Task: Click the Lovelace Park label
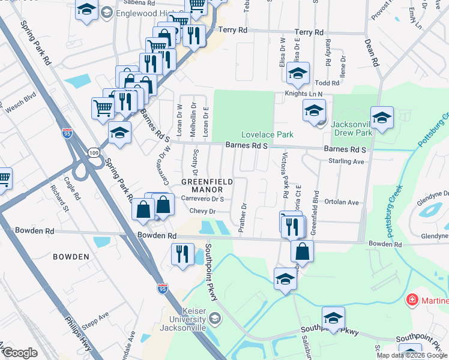267,134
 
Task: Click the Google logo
20,353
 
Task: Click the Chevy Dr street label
202,211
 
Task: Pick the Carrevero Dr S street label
202,199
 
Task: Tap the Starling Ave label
346,161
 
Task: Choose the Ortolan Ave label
340,203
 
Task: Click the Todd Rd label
327,83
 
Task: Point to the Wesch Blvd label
21,109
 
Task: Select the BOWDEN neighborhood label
71,257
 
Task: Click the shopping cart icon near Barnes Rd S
103,108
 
